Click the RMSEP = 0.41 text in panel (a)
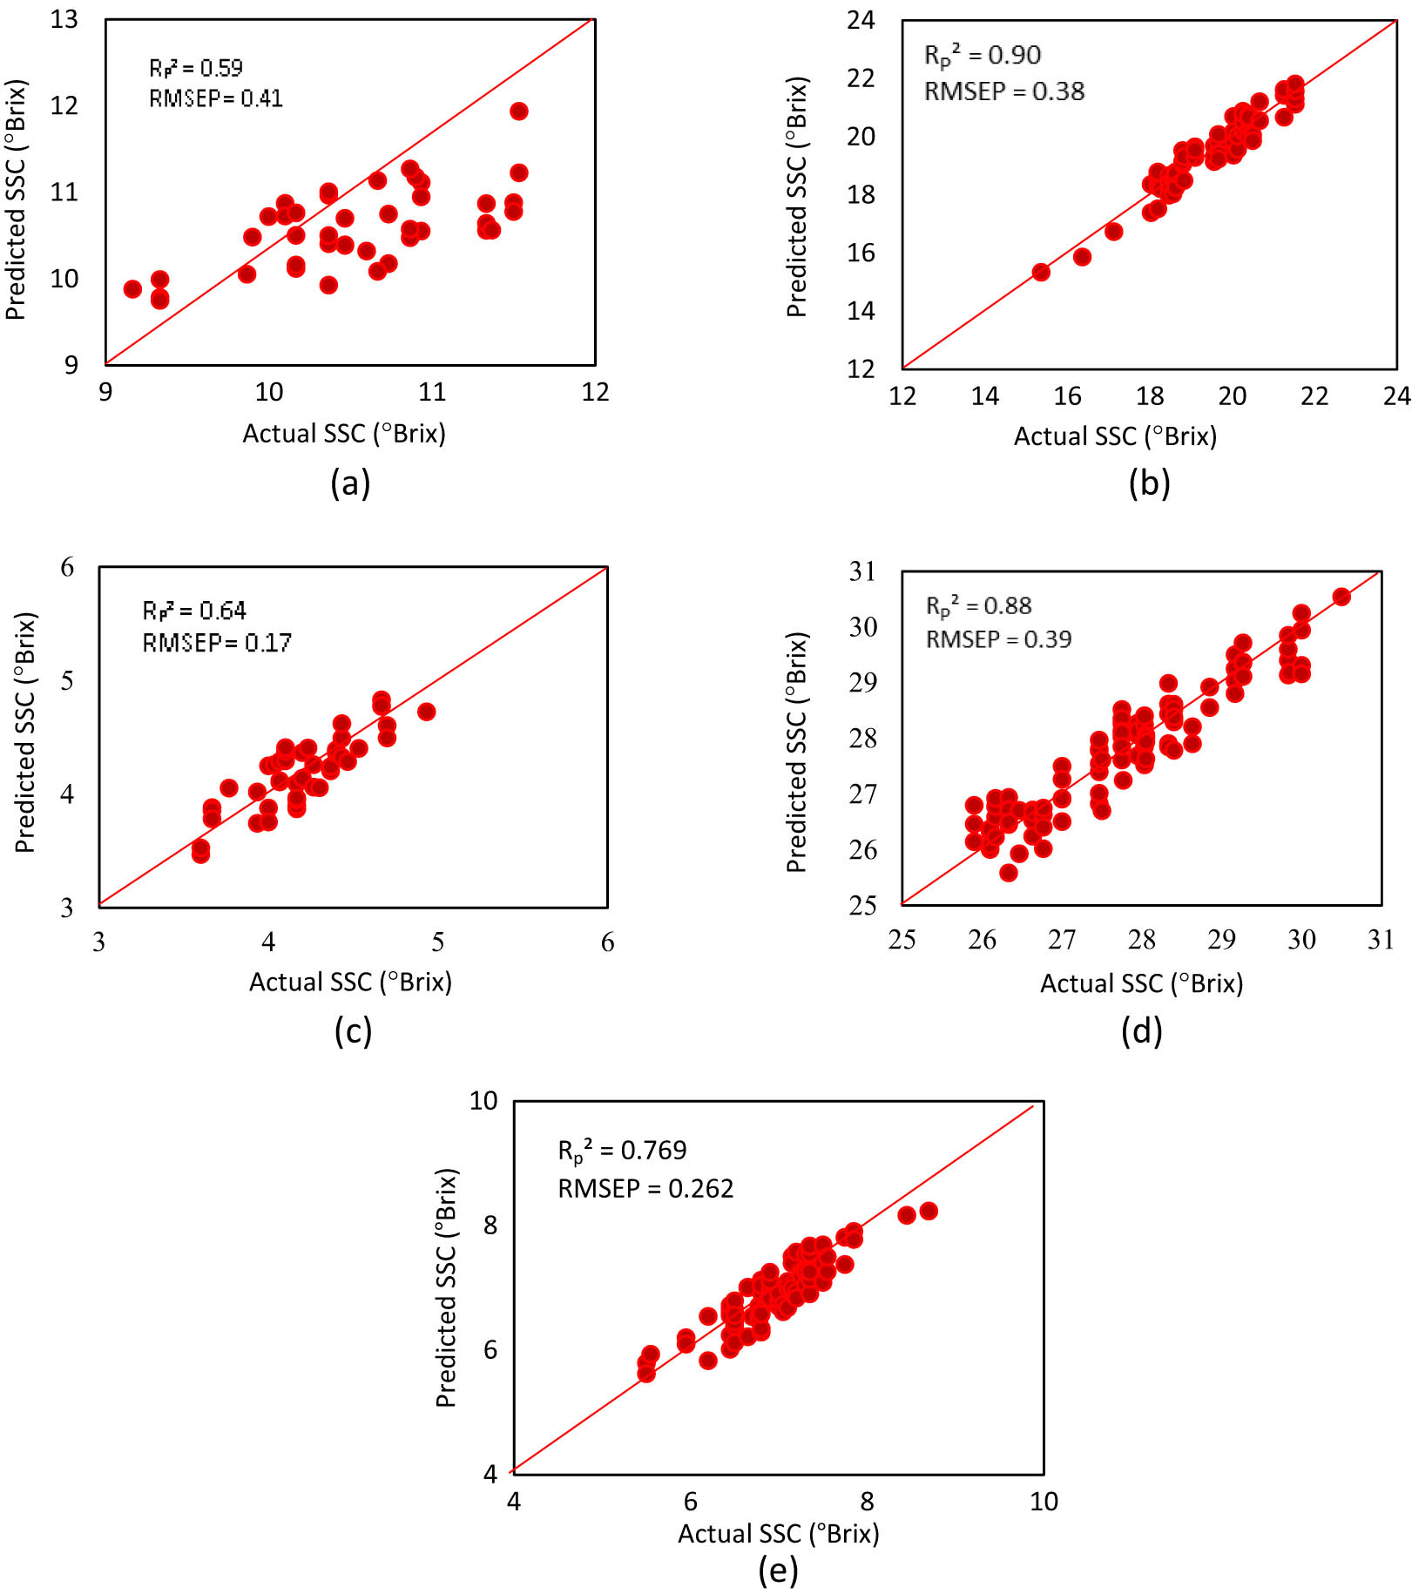point(215,98)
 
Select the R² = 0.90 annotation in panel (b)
point(982,55)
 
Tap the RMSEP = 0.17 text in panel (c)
point(217,643)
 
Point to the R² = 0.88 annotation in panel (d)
point(978,605)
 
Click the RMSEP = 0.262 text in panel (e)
point(645,1188)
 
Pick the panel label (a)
point(350,482)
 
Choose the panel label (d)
point(1141,1030)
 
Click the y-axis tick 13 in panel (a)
point(64,19)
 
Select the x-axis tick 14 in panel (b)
point(984,396)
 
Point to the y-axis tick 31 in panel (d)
point(862,571)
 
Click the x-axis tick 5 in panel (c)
point(437,942)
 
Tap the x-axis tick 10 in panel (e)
point(1044,1501)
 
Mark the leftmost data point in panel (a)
point(132,289)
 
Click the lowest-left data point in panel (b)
point(1041,272)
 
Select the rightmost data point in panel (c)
point(426,712)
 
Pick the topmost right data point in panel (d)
point(1341,597)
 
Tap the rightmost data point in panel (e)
point(929,1211)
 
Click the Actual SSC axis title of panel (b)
point(1115,436)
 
